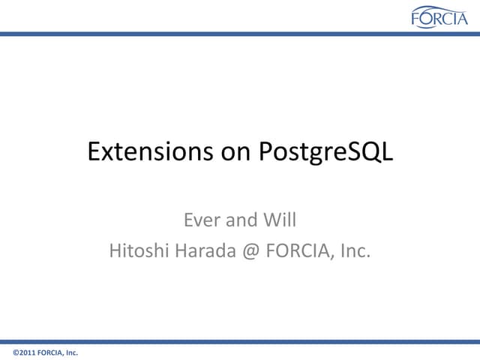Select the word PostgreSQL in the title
pyautogui.click(x=325, y=152)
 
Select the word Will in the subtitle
pyautogui.click(x=282, y=220)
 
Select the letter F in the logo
pyautogui.click(x=416, y=19)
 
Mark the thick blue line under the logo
pyautogui.click(x=240, y=34)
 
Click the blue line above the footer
pyautogui.click(x=240, y=341)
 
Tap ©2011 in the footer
pyautogui.click(x=24, y=352)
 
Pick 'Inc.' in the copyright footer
pyautogui.click(x=71, y=352)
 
